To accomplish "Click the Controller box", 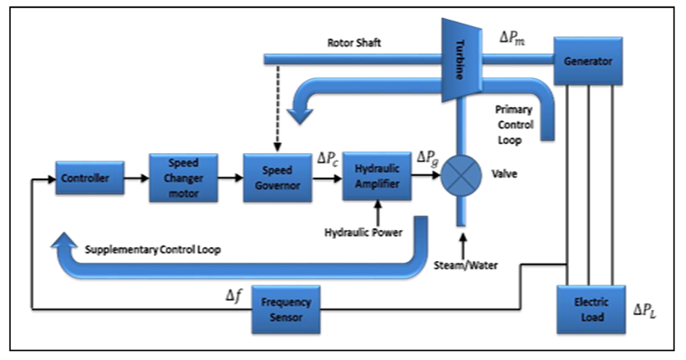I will (90, 178).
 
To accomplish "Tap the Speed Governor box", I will (276, 178).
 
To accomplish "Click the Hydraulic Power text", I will (362, 233).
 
